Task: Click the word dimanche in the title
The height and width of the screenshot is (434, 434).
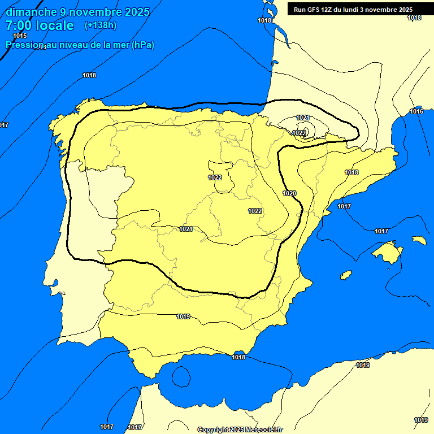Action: pyautogui.click(x=30, y=12)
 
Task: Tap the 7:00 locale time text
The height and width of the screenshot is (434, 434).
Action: pyautogui.click(x=40, y=25)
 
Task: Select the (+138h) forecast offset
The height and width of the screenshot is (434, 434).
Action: pyautogui.click(x=100, y=25)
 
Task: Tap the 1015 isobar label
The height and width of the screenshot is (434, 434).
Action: pyautogui.click(x=20, y=36)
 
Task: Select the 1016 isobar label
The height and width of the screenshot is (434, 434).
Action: pyautogui.click(x=416, y=112)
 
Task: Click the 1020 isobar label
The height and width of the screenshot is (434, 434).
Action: pyautogui.click(x=289, y=193)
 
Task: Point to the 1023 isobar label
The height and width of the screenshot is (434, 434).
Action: pyautogui.click(x=300, y=133)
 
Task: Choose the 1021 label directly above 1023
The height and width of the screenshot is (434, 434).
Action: pyautogui.click(x=303, y=118)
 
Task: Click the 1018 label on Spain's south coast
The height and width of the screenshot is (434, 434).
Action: pyautogui.click(x=238, y=357)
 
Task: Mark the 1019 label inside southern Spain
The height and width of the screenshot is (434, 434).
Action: pyautogui.click(x=183, y=316)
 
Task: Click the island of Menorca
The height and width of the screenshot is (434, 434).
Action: pyautogui.click(x=419, y=240)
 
